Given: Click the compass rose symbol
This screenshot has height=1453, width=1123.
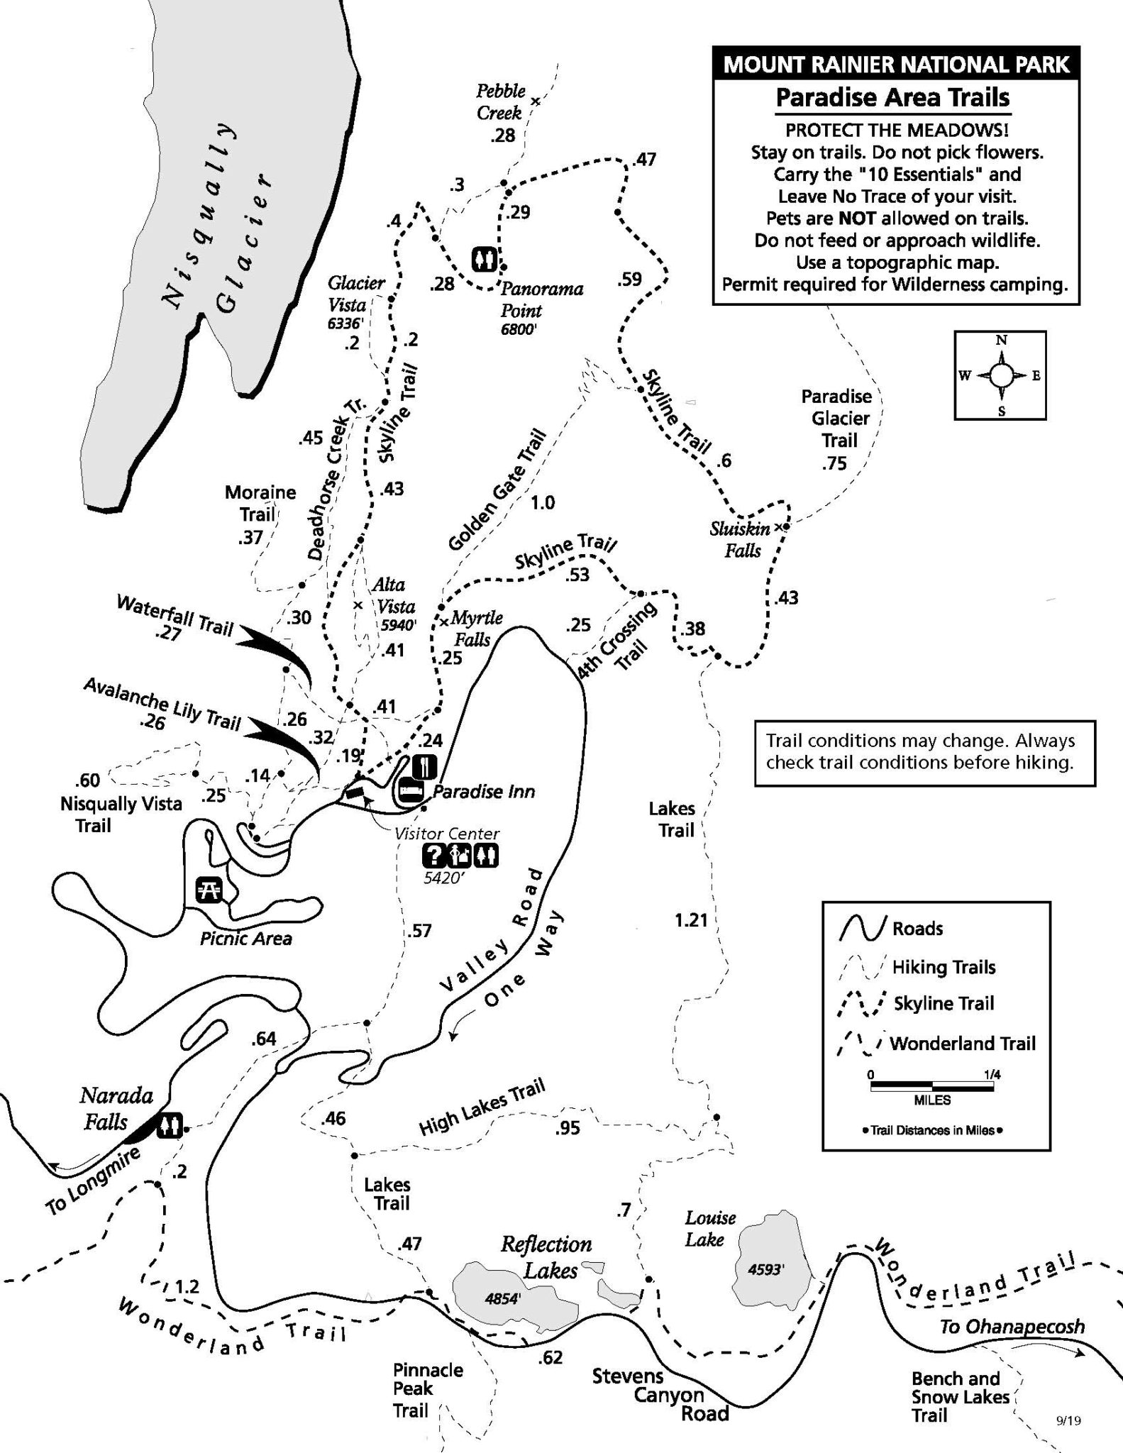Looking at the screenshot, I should pyautogui.click(x=1000, y=375).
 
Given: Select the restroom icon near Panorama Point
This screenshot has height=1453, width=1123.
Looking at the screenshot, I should pyautogui.click(x=485, y=259).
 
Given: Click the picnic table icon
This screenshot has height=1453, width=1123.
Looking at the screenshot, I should pyautogui.click(x=210, y=890).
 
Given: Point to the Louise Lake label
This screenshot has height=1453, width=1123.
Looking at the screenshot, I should pyautogui.click(x=709, y=1228).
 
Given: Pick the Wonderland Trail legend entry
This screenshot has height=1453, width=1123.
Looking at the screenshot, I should pyautogui.click(x=962, y=1043).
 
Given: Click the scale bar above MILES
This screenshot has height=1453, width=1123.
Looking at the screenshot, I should pyautogui.click(x=931, y=1085).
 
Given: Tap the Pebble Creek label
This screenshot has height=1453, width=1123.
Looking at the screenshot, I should pyautogui.click(x=500, y=101).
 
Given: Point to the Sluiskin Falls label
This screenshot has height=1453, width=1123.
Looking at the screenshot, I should pyautogui.click(x=741, y=538).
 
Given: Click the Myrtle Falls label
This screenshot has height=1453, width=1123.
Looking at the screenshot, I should pyautogui.click(x=475, y=628).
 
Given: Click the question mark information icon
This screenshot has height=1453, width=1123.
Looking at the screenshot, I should pyautogui.click(x=433, y=856).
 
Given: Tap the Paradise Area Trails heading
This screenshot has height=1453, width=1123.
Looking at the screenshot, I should pyautogui.click(x=892, y=96).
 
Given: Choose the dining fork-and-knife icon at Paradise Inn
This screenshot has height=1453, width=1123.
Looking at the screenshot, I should pyautogui.click(x=425, y=766).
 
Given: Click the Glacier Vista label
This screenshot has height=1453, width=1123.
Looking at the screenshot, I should pyautogui.click(x=355, y=294).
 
